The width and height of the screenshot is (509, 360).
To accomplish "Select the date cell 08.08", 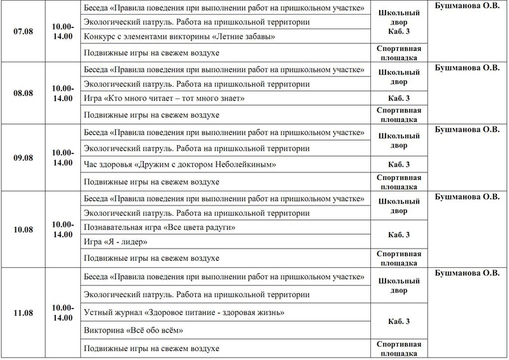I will (x=22, y=92).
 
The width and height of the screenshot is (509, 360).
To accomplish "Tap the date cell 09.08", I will (x=22, y=157).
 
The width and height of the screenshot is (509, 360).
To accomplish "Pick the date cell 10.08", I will (x=22, y=228).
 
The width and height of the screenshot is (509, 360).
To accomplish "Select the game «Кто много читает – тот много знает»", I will (x=164, y=99).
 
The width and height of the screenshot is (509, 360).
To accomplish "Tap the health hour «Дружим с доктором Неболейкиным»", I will (x=180, y=165).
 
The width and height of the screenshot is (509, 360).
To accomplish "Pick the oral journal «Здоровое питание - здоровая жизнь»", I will (x=184, y=314).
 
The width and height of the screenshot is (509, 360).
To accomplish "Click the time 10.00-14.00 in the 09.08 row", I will (x=62, y=157).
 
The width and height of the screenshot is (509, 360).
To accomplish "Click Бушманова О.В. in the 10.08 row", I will (x=466, y=197).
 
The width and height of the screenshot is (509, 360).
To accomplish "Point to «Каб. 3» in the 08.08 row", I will (x=399, y=99).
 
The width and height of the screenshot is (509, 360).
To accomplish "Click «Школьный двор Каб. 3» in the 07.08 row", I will (x=399, y=22).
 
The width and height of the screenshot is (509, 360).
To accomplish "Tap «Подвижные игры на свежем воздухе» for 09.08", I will (x=151, y=181).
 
